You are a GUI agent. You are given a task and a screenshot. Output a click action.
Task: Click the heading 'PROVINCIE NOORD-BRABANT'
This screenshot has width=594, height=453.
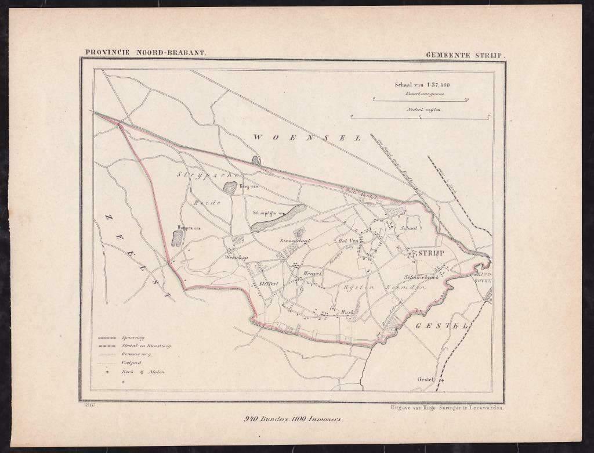pos(145,51)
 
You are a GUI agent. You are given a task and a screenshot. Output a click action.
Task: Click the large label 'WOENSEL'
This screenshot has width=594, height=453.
pos(307,138)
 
